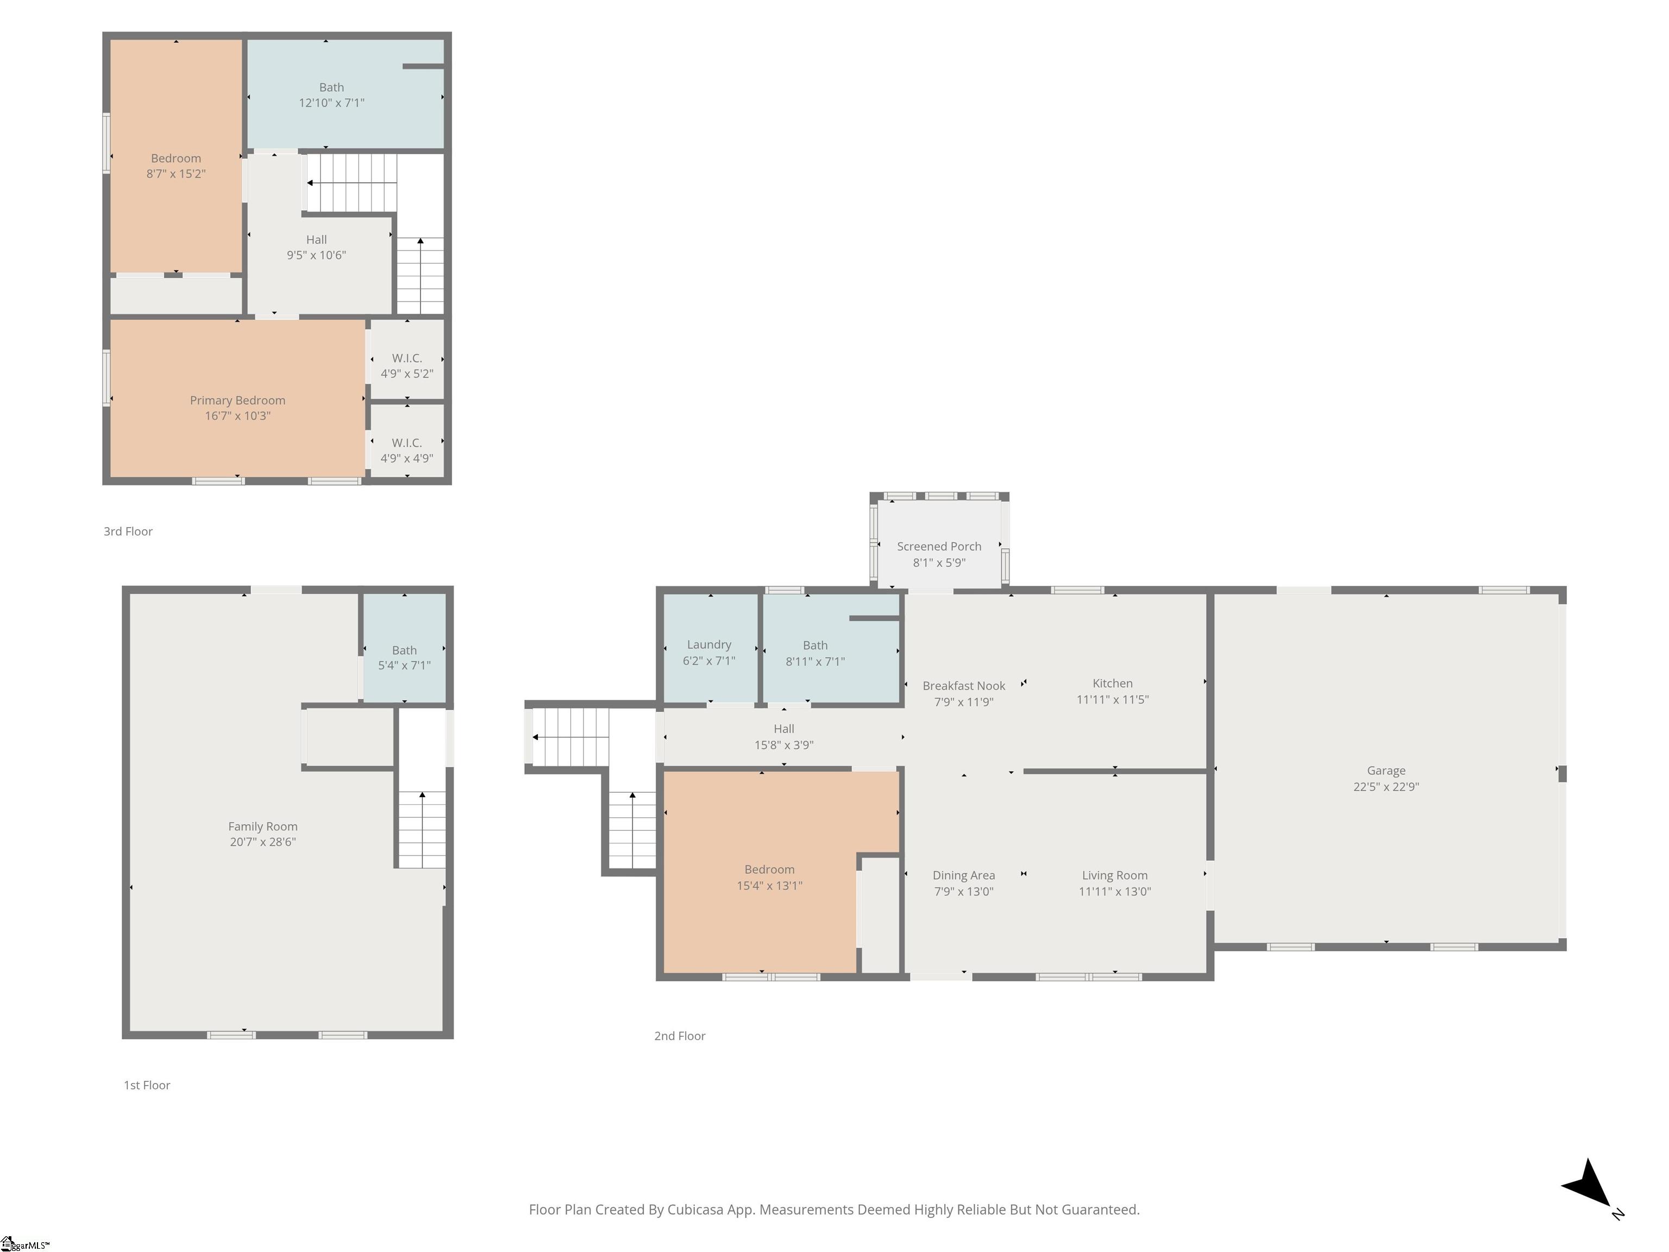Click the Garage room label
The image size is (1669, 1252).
[1385, 770]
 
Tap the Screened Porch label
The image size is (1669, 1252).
[939, 546]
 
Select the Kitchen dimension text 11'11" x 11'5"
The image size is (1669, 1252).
[1112, 699]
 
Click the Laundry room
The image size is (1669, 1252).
[710, 649]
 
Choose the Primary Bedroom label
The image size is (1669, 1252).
[237, 400]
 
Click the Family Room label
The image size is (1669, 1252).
[262, 827]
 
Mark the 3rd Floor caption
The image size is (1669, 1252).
[128, 531]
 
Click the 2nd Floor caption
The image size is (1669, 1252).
[680, 1036]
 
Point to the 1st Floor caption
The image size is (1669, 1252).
[147, 1085]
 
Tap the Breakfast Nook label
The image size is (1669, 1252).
[963, 686]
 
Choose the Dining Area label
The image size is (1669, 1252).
[963, 875]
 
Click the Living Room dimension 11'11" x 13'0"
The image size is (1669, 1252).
[1114, 891]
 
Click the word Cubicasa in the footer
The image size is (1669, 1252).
[695, 1210]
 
